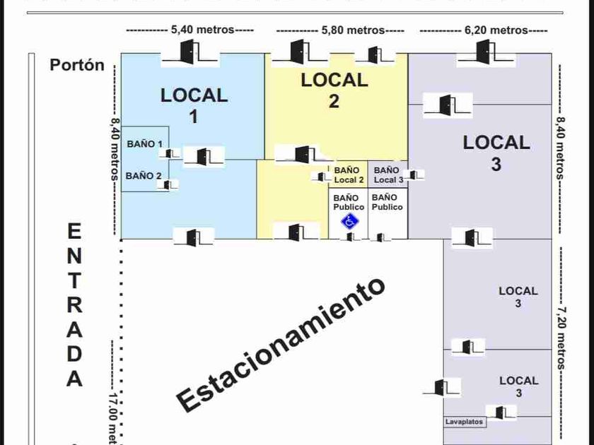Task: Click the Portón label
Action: [77, 65]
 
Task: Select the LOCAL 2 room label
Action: [334, 90]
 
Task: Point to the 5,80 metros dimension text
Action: [353, 30]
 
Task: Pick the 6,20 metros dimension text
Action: [496, 30]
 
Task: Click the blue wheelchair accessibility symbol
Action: [349, 221]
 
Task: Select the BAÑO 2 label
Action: [144, 176]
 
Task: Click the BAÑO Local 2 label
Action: [349, 175]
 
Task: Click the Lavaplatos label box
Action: [465, 422]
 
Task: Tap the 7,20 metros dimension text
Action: [561, 338]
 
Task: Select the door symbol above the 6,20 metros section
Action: [483, 52]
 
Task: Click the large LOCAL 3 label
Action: [496, 153]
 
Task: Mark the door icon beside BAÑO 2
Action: [168, 184]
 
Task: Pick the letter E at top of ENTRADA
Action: [74, 232]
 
